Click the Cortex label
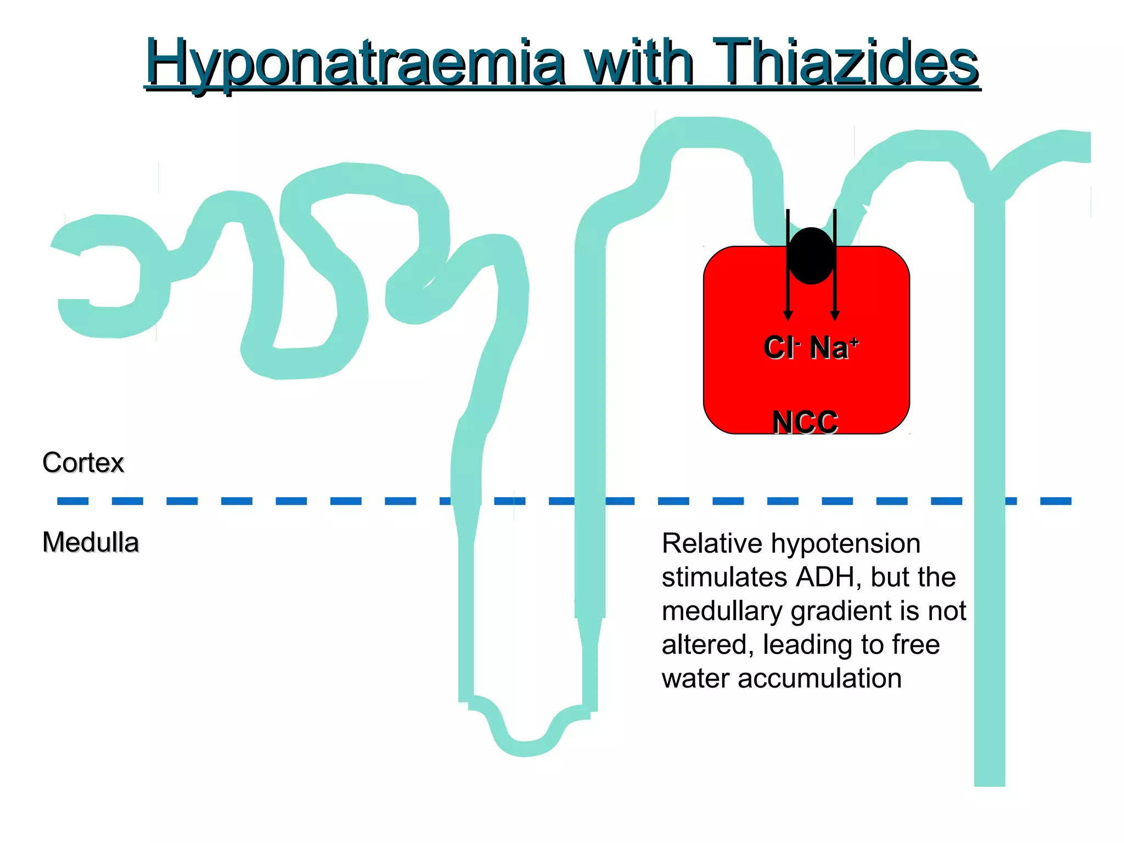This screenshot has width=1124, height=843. pos(83,463)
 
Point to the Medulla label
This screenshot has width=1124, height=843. pos(91,542)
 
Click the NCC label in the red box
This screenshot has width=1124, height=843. pos(805,422)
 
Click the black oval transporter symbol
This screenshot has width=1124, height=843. pos(811,256)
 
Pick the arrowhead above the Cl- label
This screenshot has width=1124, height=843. pos(788,316)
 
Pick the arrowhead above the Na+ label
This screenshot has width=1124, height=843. pos(835,316)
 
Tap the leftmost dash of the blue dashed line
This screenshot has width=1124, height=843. pos(72,501)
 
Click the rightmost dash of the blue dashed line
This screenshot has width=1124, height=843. pos(1055,501)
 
